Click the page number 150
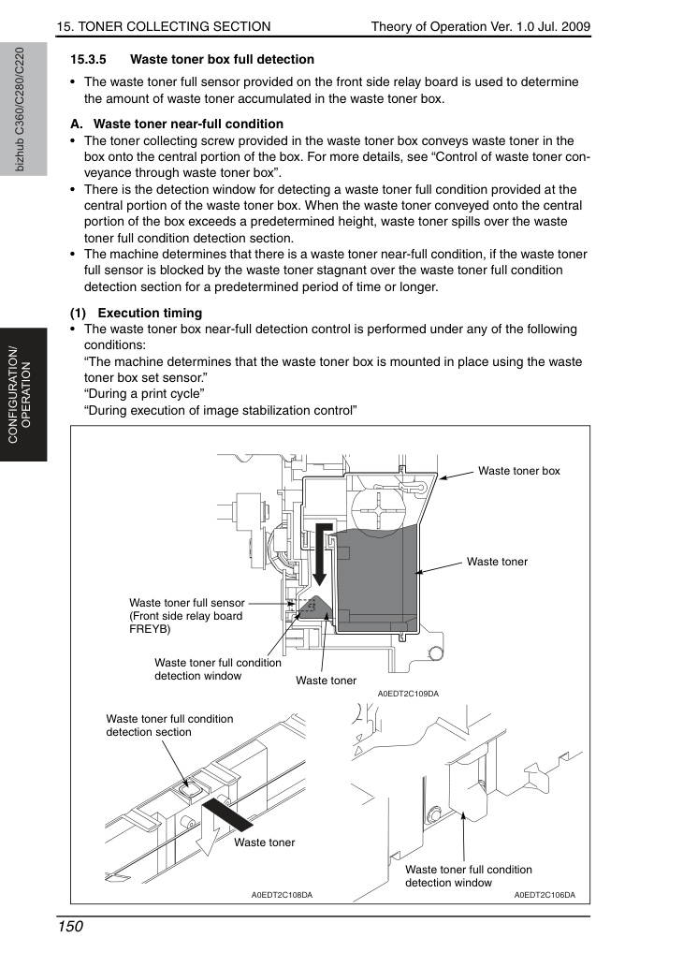(x=69, y=927)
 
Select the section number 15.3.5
(x=88, y=59)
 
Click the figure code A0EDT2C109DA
(x=408, y=694)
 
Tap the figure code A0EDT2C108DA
(x=282, y=895)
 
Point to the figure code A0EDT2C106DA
(x=545, y=895)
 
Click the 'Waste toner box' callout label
(x=519, y=471)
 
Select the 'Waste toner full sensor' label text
(x=187, y=603)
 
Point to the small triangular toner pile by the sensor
(x=315, y=607)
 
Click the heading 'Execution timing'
(x=150, y=313)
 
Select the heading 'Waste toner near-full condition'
(x=188, y=124)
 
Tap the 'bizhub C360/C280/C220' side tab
(x=20, y=110)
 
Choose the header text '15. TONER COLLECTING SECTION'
(x=164, y=26)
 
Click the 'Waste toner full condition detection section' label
(x=169, y=725)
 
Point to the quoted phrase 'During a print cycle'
(x=144, y=394)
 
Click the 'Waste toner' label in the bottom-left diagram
(x=265, y=842)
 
